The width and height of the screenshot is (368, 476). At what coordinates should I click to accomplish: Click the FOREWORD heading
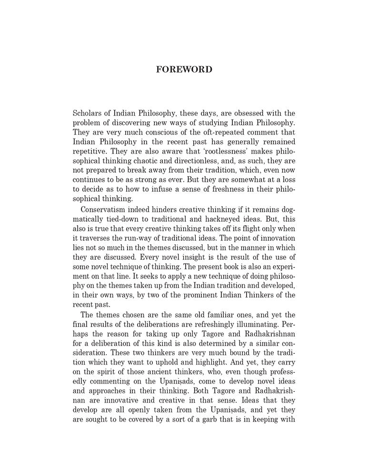tap(184, 69)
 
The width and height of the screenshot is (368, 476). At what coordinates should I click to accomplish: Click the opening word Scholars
tap(87, 113)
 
